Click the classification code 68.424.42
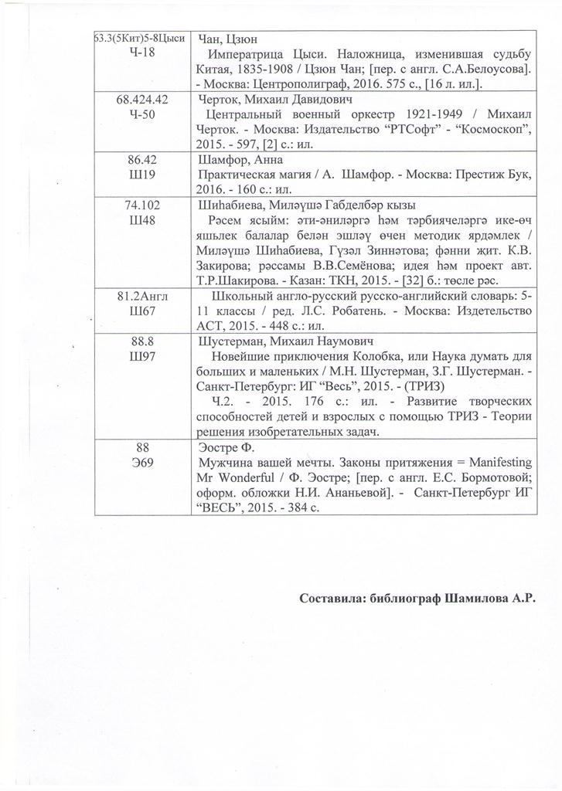pyautogui.click(x=143, y=101)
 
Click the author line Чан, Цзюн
pyautogui.click(x=228, y=39)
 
